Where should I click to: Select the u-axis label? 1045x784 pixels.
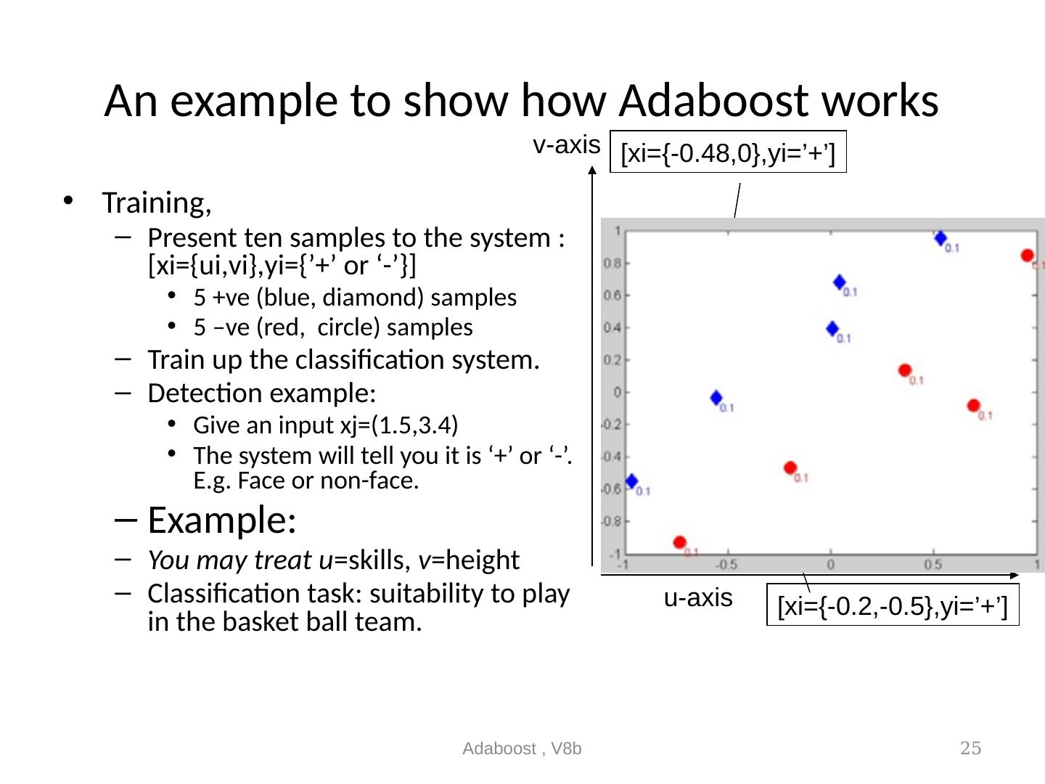point(698,598)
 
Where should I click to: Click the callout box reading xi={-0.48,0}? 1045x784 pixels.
point(729,153)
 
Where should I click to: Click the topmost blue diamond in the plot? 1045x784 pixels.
point(940,238)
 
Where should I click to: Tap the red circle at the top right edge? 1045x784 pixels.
point(1027,256)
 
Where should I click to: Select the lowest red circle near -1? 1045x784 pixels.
point(679,542)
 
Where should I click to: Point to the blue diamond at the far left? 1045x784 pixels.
point(631,481)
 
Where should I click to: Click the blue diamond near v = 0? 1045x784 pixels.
point(716,398)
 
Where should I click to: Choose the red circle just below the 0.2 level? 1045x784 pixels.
point(904,370)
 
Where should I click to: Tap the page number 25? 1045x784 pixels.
point(970,748)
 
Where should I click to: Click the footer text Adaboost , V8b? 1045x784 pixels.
point(522,748)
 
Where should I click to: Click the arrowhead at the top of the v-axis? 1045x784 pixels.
point(593,173)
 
